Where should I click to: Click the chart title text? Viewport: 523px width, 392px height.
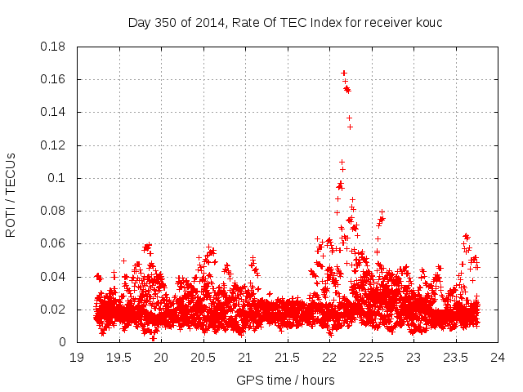click(285, 22)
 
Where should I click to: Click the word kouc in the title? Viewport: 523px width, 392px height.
click(427, 22)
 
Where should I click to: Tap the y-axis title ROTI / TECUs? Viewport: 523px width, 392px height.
click(11, 194)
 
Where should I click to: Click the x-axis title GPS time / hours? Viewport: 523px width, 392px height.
click(285, 380)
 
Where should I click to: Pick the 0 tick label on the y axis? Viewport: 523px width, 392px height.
click(64, 342)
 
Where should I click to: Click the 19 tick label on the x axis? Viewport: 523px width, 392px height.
click(77, 358)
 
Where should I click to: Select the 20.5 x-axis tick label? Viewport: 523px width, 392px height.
click(203, 358)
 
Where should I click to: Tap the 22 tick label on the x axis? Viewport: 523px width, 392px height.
click(329, 358)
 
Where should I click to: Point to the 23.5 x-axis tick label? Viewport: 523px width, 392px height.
click(456, 358)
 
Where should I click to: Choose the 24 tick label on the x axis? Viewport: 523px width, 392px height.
click(498, 358)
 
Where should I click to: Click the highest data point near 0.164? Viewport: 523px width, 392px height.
click(344, 73)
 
